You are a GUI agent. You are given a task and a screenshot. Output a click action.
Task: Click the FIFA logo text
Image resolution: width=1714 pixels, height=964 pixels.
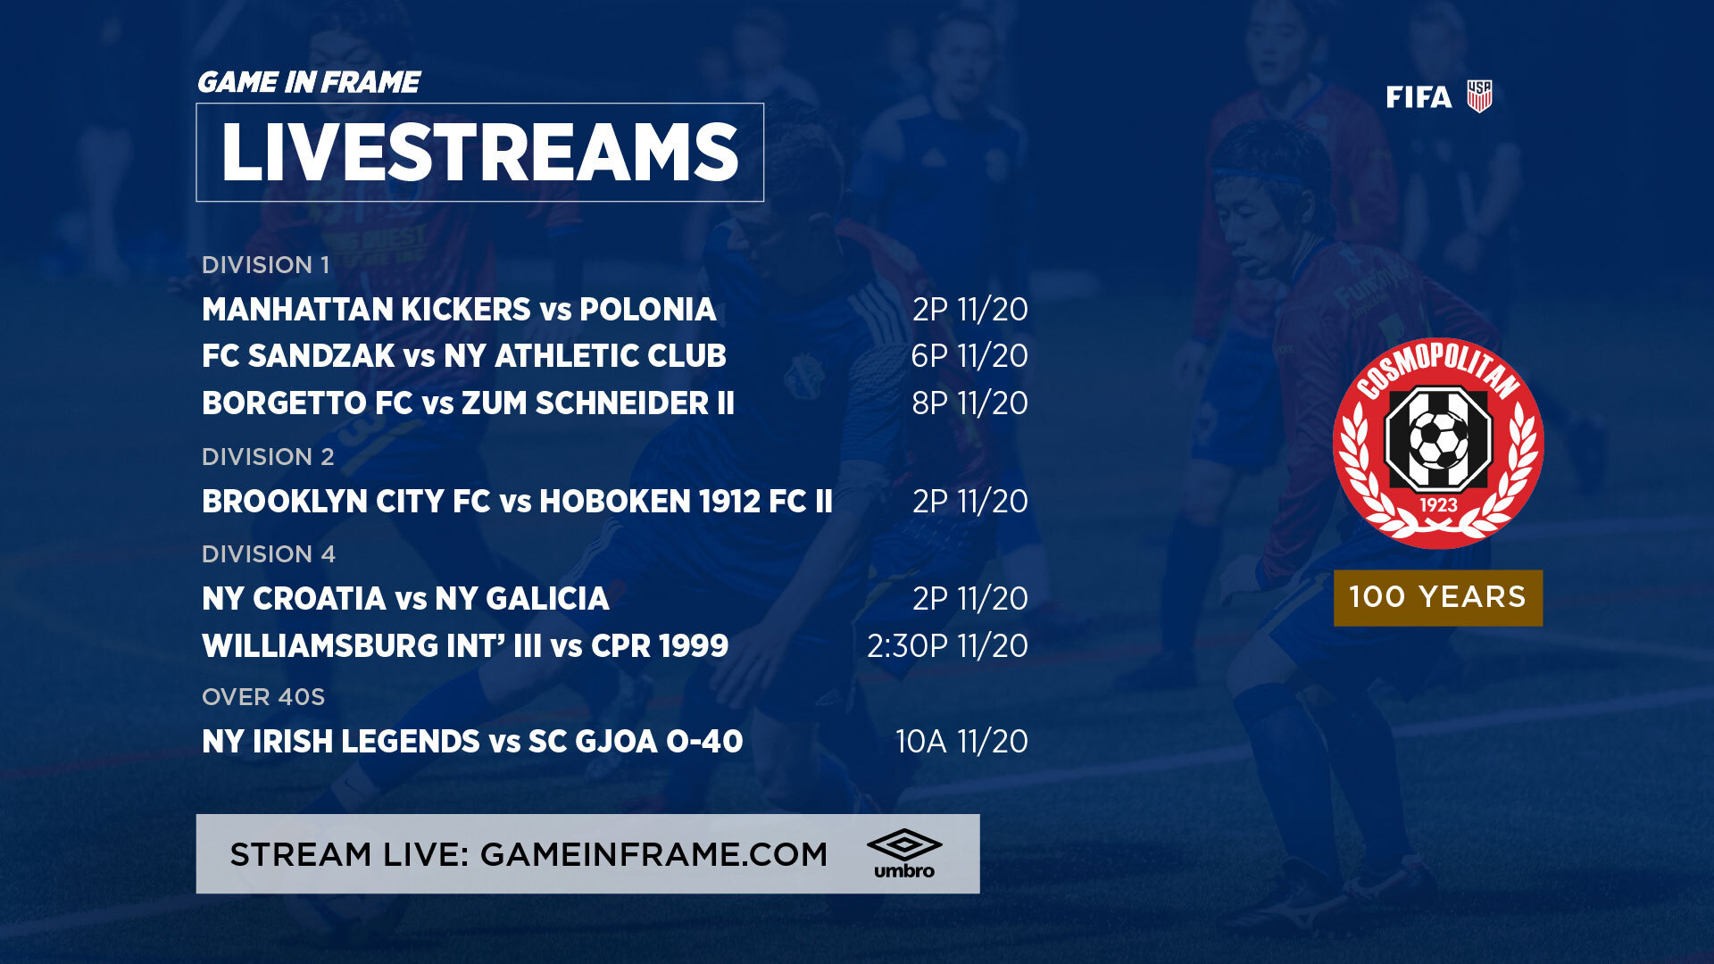[x=1419, y=96]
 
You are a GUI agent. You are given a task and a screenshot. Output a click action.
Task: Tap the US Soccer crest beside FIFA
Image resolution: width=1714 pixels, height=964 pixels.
[x=1479, y=96]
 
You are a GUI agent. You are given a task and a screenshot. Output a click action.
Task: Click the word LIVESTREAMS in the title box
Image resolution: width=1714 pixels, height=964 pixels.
[x=479, y=153]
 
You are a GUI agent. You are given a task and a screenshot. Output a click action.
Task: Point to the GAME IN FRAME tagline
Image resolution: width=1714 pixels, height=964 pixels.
[x=308, y=82]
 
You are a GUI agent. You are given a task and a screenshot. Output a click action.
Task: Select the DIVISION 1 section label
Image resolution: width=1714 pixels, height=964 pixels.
[x=265, y=265]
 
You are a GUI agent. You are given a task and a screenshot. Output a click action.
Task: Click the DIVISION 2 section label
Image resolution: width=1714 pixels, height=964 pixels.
[x=268, y=457]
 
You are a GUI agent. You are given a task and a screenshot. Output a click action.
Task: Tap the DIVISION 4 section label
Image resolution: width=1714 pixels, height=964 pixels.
[x=269, y=554]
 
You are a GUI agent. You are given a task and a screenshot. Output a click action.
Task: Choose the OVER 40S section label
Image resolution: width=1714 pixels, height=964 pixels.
[x=263, y=697]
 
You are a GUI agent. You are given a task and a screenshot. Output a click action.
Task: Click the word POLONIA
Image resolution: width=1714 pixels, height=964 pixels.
[x=647, y=310]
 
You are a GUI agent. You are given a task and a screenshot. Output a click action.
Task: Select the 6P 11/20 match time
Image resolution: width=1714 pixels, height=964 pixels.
[x=969, y=356]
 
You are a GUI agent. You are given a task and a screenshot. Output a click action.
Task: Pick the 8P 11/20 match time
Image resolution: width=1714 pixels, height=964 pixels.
[x=969, y=403]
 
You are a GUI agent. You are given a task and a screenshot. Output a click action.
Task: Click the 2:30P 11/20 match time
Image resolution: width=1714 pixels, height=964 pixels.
[x=947, y=646]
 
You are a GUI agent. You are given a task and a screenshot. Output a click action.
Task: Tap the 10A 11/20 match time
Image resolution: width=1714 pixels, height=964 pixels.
[x=961, y=742]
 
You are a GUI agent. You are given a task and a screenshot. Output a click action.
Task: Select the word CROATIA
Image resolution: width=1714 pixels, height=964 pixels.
[x=320, y=599]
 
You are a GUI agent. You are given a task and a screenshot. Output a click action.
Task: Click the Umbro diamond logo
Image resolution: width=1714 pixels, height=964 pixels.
[x=904, y=844]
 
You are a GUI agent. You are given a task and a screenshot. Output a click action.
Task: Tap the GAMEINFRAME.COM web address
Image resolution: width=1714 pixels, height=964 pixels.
[x=653, y=855]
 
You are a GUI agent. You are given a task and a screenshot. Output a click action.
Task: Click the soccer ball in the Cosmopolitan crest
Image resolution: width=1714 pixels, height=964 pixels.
[x=1437, y=440]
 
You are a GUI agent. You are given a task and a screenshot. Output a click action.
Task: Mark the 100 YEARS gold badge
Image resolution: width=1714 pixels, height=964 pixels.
[x=1438, y=598]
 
